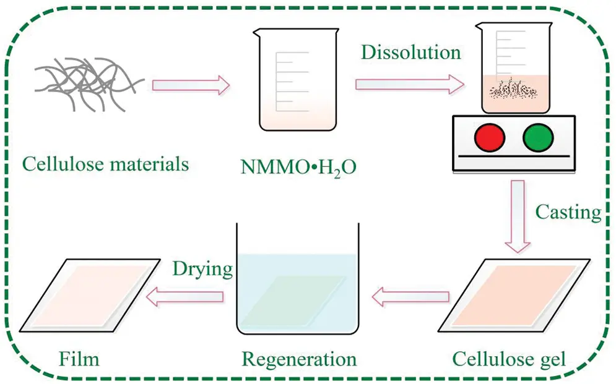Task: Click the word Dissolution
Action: [x=412, y=52]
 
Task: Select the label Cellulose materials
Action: [x=105, y=164]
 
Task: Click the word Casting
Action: [x=568, y=213]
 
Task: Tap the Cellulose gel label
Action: [x=509, y=358]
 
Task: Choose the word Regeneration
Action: [x=299, y=358]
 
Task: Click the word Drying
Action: [x=202, y=269]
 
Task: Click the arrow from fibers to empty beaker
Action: [x=191, y=86]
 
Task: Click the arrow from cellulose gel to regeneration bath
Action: [x=410, y=298]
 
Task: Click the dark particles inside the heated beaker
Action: [x=511, y=92]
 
